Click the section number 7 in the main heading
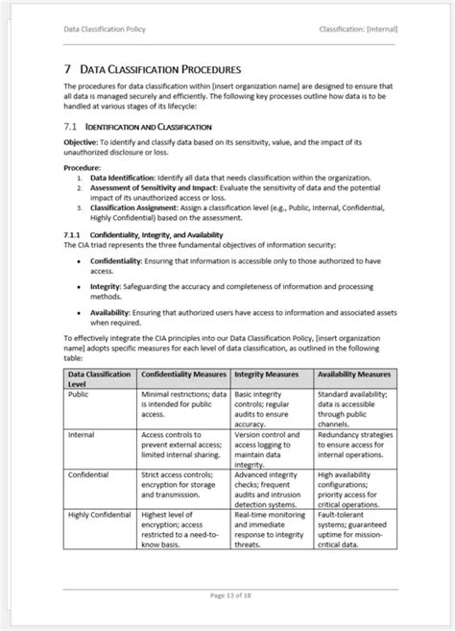[x=67, y=69]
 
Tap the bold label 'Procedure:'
[x=83, y=167]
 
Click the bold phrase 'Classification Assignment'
[x=127, y=206]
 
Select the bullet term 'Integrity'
[x=108, y=286]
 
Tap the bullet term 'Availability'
[x=110, y=313]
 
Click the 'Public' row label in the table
[x=78, y=393]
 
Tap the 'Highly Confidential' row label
[x=99, y=514]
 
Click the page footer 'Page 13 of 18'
[x=227, y=595]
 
